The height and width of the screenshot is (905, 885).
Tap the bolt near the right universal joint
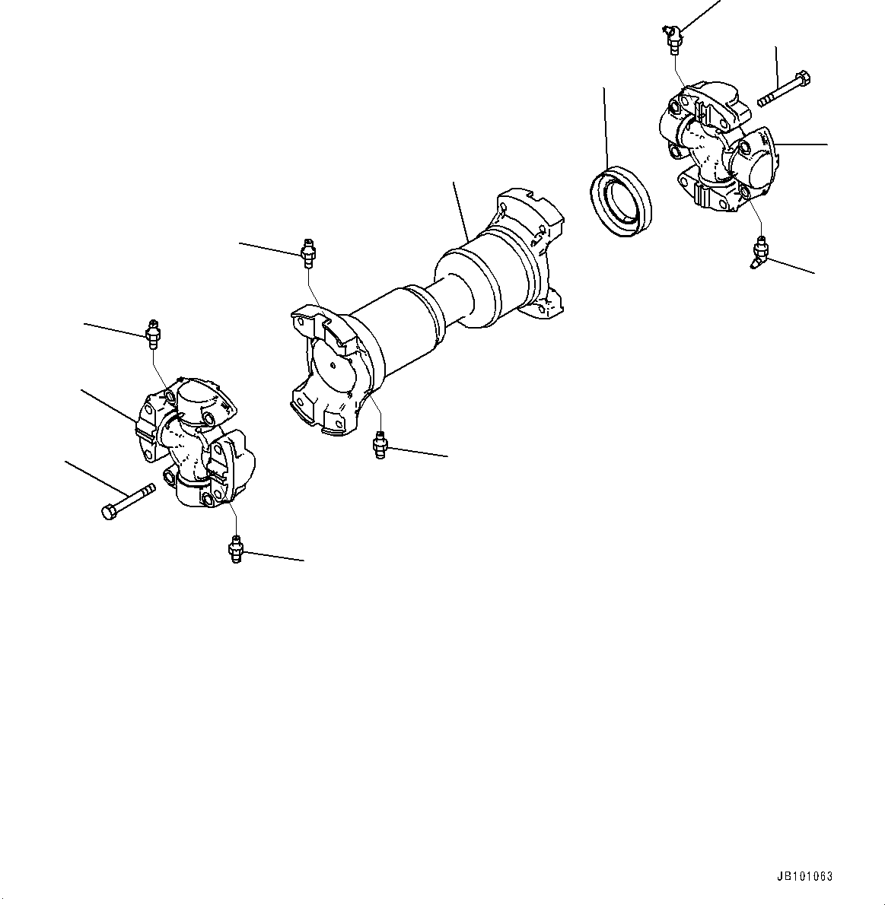[784, 88]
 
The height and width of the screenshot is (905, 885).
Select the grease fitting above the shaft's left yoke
[307, 252]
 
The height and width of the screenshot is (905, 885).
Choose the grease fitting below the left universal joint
[235, 549]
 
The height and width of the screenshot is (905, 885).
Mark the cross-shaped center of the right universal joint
[706, 148]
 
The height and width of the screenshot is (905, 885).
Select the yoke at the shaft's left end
[327, 373]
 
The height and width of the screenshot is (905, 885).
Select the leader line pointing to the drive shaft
[459, 209]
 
